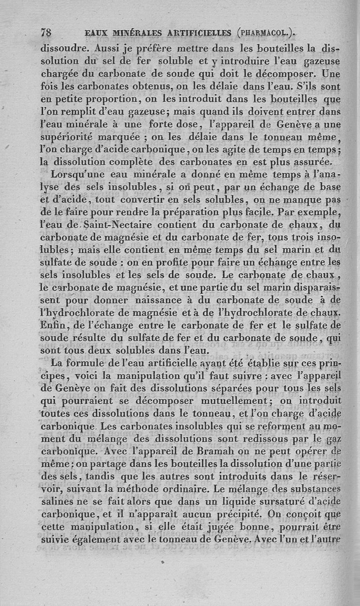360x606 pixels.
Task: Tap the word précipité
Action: [x=238, y=501]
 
